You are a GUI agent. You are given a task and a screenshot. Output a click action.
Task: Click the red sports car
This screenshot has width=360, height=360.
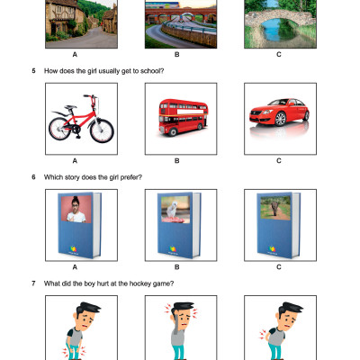(x=279, y=121)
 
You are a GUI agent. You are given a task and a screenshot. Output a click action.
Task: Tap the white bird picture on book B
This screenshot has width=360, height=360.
(x=178, y=210)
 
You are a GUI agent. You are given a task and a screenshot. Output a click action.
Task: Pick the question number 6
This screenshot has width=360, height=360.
(x=33, y=177)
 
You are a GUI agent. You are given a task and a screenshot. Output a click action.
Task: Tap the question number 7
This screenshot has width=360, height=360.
(x=33, y=284)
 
